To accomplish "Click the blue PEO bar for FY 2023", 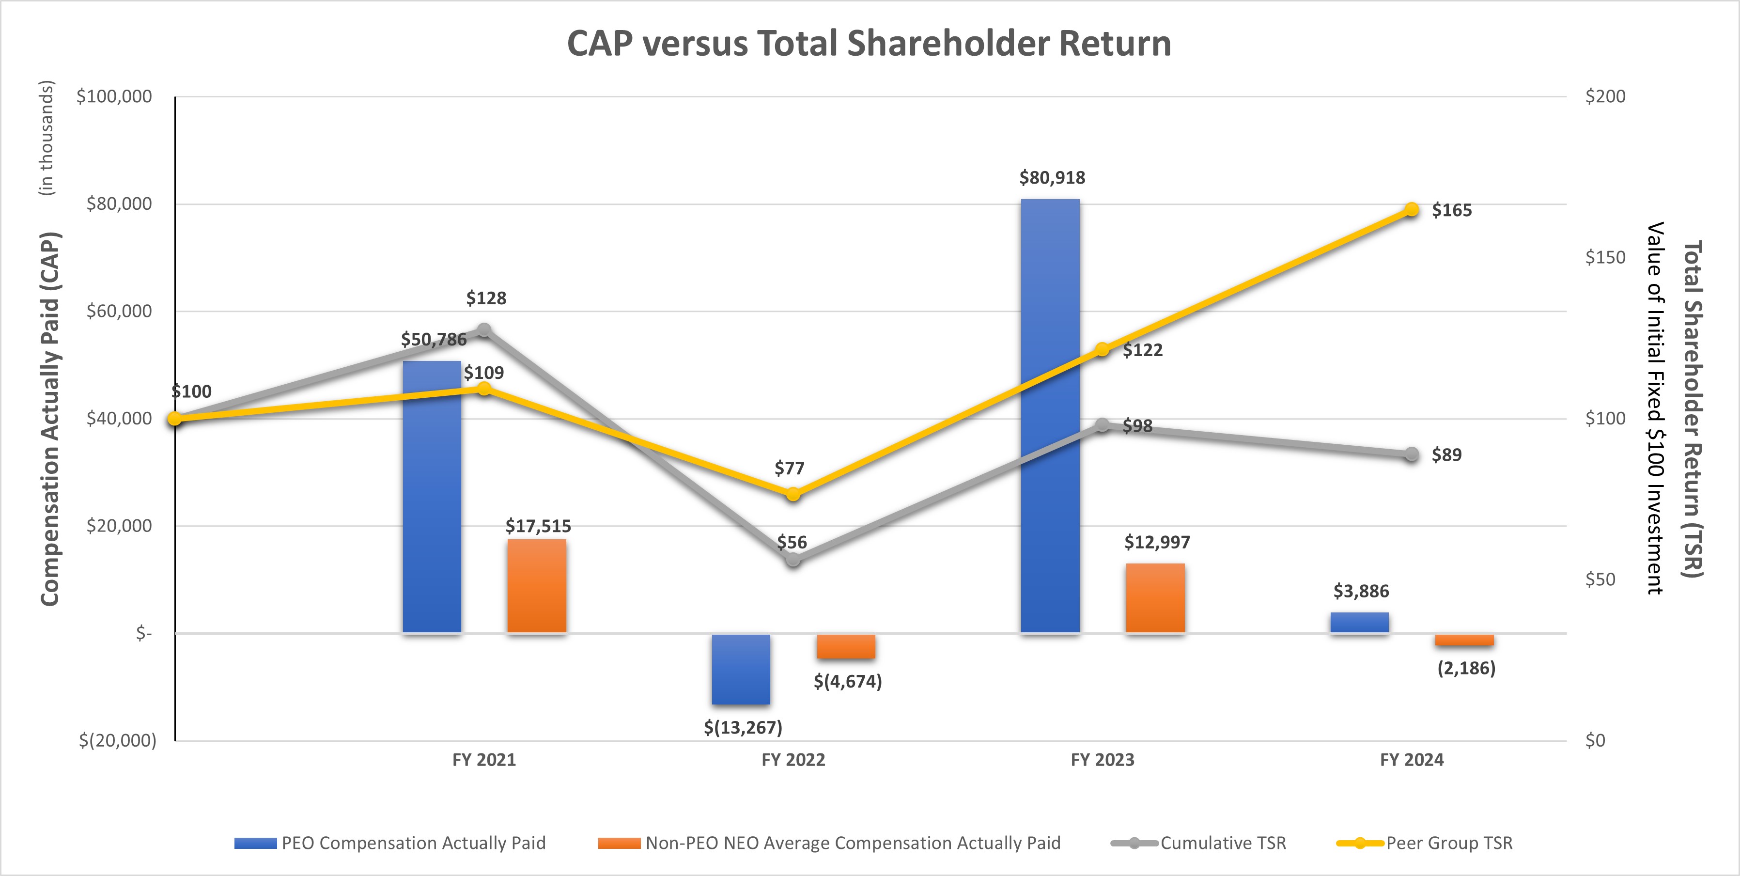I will click(x=1050, y=415).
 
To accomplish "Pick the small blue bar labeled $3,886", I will click(x=1359, y=623).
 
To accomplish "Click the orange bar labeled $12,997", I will click(x=1155, y=598).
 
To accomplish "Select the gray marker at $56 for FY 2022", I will click(x=793, y=559).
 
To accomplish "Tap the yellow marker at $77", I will click(x=793, y=494).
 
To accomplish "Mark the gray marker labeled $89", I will click(x=1411, y=454).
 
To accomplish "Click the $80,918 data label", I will click(x=1052, y=178).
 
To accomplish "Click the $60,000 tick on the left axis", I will click(x=119, y=312).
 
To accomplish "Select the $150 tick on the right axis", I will click(x=1605, y=257).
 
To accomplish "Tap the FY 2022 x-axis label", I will click(x=793, y=760).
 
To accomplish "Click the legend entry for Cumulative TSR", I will click(x=1223, y=843).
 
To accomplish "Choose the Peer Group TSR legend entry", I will click(x=1448, y=843).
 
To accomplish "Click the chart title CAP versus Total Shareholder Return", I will click(x=869, y=43).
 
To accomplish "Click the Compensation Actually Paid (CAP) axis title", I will click(x=51, y=419).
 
